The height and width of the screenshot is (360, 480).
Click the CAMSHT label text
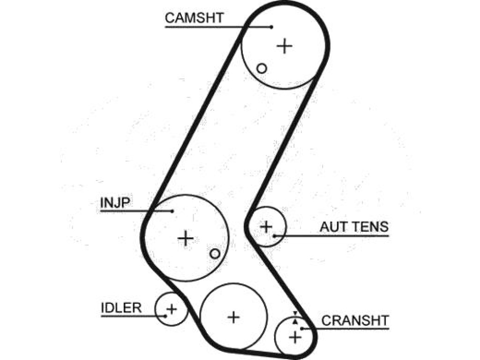tap(195, 18)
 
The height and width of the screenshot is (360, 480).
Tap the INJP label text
tap(115, 202)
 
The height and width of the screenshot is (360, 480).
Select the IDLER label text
tap(121, 307)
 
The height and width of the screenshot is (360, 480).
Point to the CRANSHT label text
tap(355, 321)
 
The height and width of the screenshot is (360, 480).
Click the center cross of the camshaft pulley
tap(285, 46)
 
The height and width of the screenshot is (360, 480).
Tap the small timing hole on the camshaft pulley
tap(262, 68)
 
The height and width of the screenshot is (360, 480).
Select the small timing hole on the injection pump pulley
tap(215, 254)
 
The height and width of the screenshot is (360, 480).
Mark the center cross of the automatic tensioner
tap(266, 227)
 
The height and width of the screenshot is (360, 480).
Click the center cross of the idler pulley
tap(172, 309)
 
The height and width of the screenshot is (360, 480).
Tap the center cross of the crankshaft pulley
tap(295, 337)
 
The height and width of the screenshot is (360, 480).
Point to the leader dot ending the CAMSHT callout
tap(272, 27)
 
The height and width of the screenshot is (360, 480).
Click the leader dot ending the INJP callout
tap(172, 211)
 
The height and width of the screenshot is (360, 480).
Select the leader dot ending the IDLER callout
tap(165, 316)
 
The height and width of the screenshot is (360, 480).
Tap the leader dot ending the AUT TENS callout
tap(274, 236)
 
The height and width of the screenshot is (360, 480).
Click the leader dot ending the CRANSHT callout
tap(301, 329)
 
